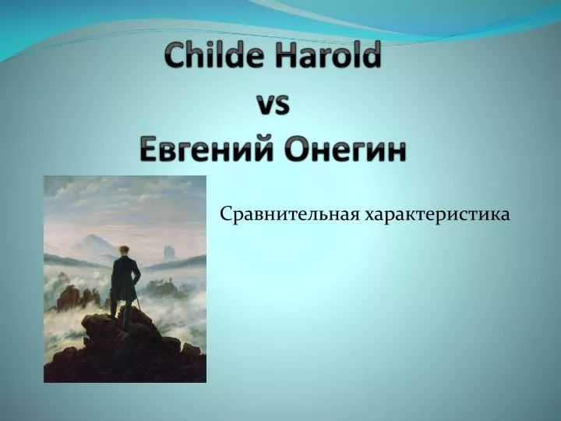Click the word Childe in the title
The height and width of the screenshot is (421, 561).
[x=215, y=55]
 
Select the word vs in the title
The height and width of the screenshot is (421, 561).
[x=273, y=105]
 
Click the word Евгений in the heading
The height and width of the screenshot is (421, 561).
[x=207, y=148]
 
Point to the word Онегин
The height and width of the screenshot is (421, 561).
[x=346, y=149]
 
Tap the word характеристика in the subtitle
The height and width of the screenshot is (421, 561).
[x=437, y=216]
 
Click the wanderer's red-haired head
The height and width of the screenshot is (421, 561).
[x=124, y=251]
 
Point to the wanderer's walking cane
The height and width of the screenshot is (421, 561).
[x=138, y=302]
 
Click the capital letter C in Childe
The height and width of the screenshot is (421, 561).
[x=175, y=55]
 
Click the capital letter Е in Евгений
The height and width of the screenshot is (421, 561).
[x=148, y=148]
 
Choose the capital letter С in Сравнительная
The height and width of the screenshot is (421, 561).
[x=225, y=215]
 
